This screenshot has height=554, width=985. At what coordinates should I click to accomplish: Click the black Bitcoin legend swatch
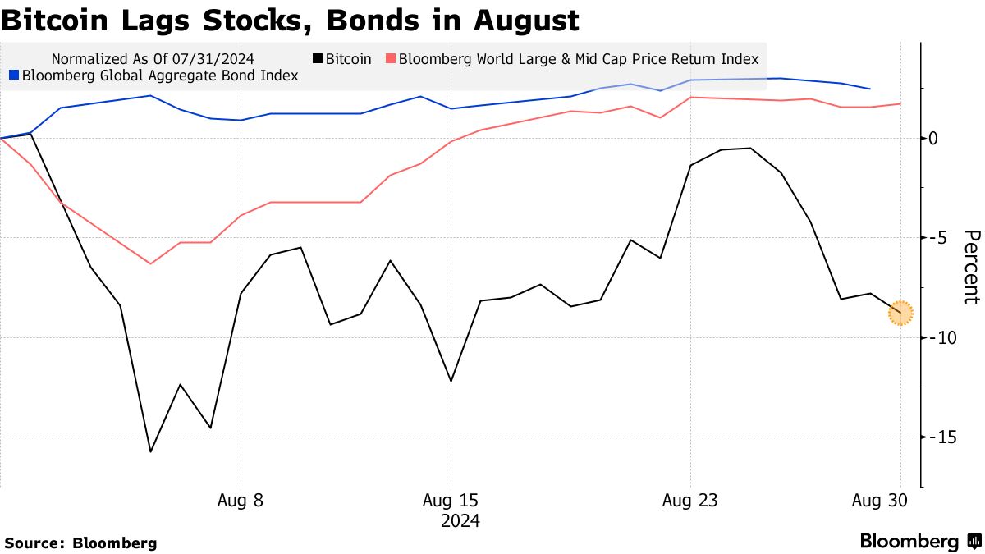317,59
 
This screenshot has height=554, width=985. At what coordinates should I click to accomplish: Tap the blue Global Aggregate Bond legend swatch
13,76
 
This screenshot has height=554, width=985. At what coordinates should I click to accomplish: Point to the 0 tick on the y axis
934,138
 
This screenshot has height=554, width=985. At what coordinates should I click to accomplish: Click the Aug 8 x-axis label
241,501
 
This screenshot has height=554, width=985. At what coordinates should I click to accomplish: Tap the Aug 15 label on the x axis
450,501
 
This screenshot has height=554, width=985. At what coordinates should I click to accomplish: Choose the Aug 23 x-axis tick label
690,501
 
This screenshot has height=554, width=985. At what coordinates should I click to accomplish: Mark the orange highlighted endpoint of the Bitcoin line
900,312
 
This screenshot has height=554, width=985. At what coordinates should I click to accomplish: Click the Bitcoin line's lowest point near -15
151,451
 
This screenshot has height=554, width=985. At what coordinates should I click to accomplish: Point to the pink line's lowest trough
151,263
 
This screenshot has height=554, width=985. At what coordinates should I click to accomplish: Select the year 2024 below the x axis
460,521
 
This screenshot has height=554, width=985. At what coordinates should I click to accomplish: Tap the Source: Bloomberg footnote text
80,543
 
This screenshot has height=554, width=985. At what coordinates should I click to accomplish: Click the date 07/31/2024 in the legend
218,59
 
